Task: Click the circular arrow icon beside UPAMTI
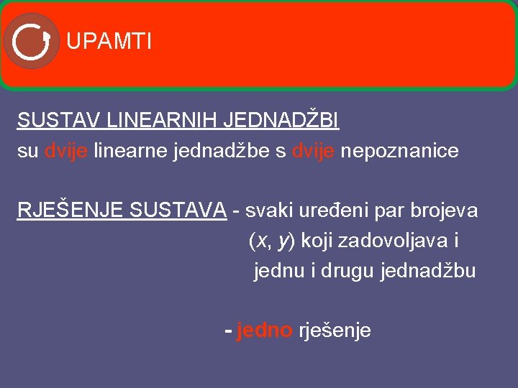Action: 31,41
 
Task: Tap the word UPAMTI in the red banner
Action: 109,42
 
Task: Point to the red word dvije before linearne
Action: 66,152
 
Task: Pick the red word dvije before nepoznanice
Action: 314,152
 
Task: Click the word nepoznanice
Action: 400,152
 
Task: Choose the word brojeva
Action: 444,210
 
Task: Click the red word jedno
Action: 264,331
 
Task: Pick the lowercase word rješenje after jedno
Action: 335,331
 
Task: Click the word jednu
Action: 276,272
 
